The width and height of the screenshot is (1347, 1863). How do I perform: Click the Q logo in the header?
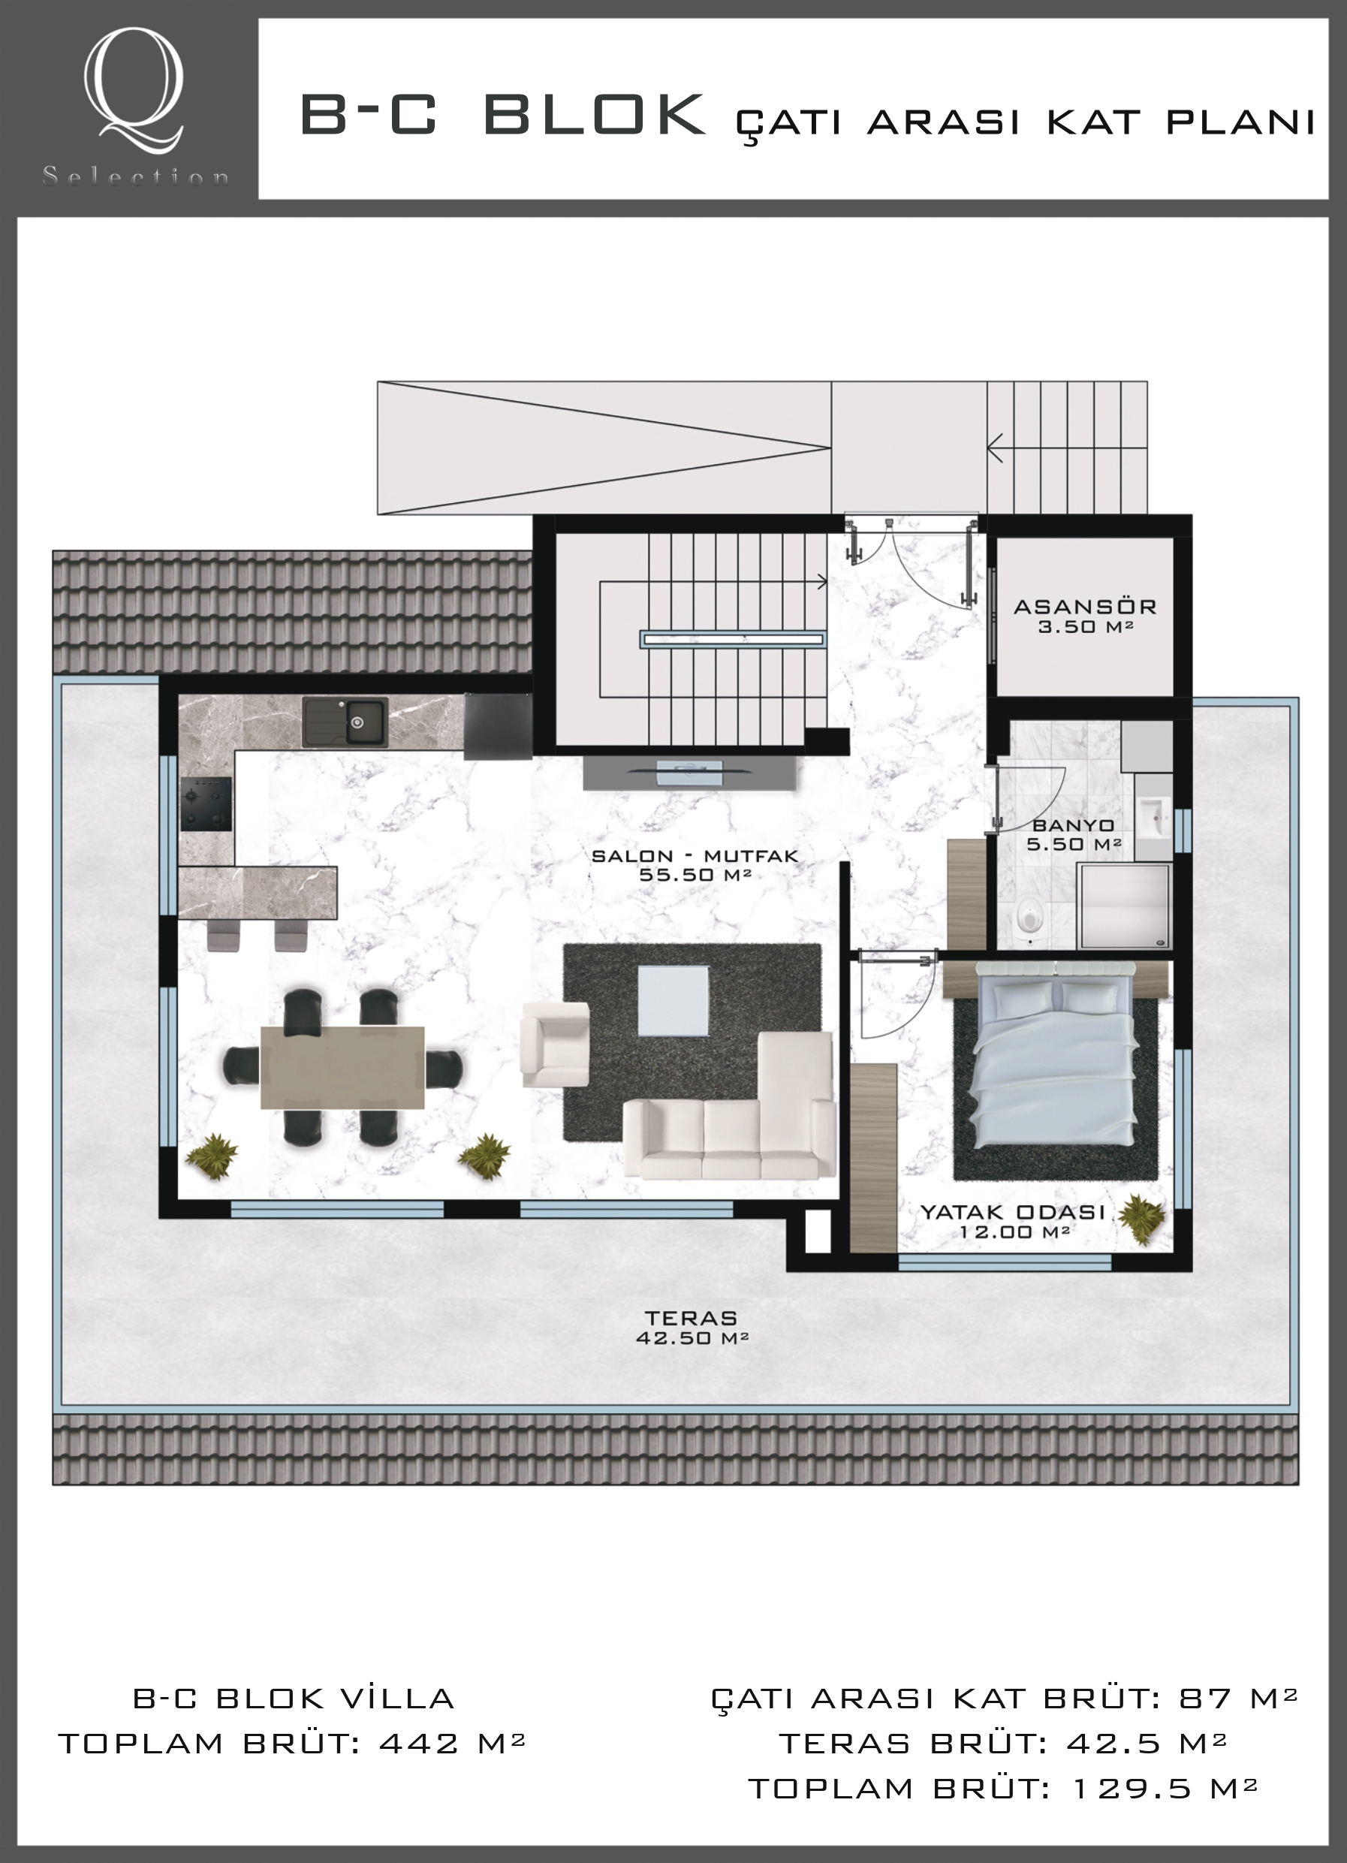point(134,89)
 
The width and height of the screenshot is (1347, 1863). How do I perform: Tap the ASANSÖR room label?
point(1085,607)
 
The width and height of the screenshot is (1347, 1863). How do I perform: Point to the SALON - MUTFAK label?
point(695,856)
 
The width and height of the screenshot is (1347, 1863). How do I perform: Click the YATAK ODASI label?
point(1012,1212)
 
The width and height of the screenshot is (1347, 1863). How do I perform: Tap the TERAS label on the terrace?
point(692,1318)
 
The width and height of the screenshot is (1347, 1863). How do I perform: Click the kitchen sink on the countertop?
point(345,722)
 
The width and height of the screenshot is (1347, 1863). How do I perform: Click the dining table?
point(342,1067)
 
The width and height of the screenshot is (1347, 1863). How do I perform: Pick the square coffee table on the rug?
point(673,1000)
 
